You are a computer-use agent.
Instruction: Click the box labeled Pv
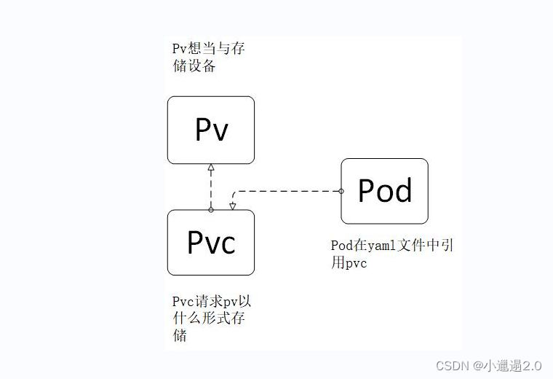(211, 130)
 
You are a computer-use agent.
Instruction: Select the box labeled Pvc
(211, 243)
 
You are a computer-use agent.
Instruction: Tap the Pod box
(385, 191)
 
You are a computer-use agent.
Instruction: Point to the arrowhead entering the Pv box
(211, 168)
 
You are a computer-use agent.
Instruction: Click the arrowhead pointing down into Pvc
(232, 206)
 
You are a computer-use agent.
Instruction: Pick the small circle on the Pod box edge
(341, 191)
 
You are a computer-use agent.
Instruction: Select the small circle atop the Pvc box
(211, 210)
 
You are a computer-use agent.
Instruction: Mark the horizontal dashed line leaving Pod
(291, 191)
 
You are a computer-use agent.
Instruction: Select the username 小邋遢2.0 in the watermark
(513, 365)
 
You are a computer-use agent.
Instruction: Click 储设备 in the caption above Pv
(194, 66)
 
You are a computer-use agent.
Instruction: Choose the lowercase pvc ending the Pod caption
(356, 263)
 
